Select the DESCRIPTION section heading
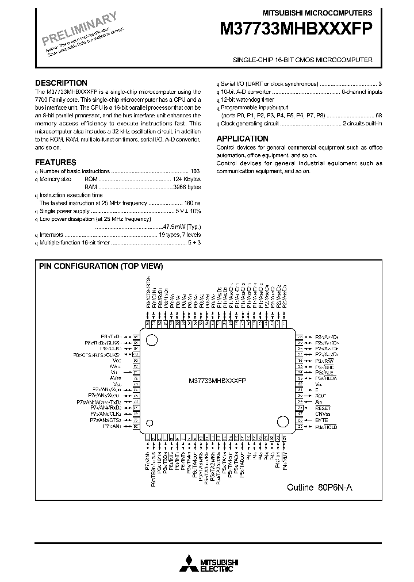coord(61,83)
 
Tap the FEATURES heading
coord(55,163)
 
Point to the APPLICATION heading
coord(242,139)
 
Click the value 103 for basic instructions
coord(195,171)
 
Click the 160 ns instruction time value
coord(193,204)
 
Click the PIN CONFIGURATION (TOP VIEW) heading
coord(101,266)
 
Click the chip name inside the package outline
coord(217,381)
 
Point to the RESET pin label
coord(324,407)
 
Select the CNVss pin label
coord(323,413)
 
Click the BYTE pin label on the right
coord(321,420)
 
